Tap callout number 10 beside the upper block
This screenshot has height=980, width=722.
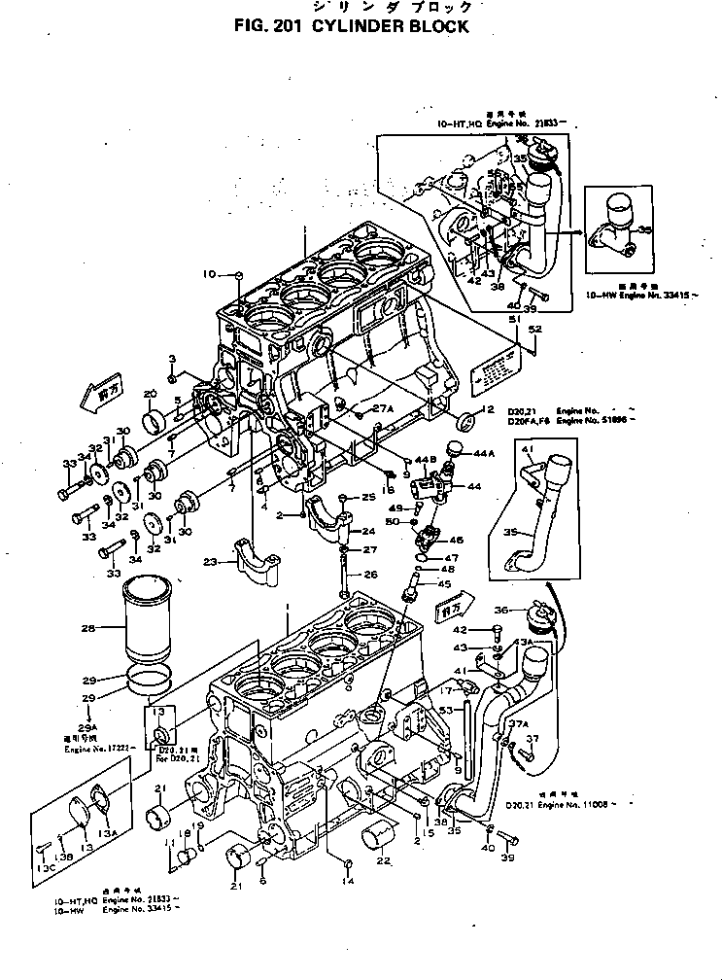tap(209, 274)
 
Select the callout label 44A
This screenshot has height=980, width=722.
tap(484, 454)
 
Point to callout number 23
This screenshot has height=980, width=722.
tap(210, 560)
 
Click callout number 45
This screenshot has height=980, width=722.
tap(444, 584)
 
